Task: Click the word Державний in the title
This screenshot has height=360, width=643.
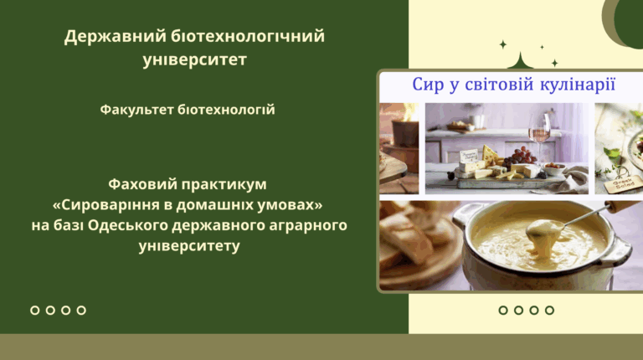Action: pos(115,37)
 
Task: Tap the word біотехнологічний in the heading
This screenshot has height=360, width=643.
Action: pos(248,36)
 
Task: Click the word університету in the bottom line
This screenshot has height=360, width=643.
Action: pos(189,246)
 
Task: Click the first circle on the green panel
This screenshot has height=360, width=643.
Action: pos(35,311)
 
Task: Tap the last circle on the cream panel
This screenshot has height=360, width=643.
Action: pos(549,311)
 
